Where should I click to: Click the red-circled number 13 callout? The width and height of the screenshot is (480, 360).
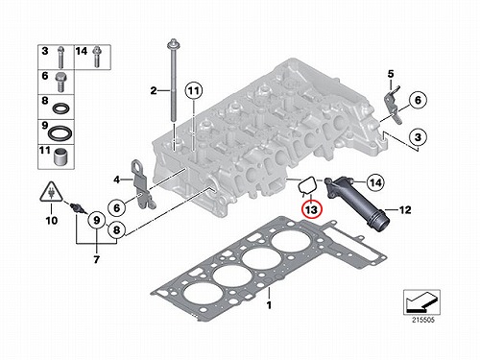pyautogui.click(x=311, y=210)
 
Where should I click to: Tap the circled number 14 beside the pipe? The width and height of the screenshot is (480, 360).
pyautogui.click(x=375, y=182)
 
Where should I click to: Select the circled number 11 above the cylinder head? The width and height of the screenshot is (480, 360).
pyautogui.click(x=194, y=91)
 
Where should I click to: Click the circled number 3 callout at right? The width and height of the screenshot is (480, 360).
pyautogui.click(x=418, y=137)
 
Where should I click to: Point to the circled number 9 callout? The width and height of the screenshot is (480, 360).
pyautogui.click(x=96, y=220)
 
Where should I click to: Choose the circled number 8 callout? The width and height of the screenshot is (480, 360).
pyautogui.click(x=116, y=229)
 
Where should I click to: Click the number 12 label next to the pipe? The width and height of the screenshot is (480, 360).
pyautogui.click(x=404, y=210)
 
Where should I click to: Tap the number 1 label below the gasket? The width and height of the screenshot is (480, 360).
pyautogui.click(x=269, y=305)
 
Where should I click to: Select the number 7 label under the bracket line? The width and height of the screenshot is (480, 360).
pyautogui.click(x=97, y=259)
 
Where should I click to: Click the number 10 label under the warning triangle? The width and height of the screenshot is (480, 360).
pyautogui.click(x=52, y=220)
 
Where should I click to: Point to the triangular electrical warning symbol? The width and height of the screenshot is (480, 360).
pyautogui.click(x=51, y=192)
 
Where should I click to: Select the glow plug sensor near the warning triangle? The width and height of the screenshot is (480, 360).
pyautogui.click(x=79, y=209)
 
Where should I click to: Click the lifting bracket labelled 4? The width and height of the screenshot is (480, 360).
pyautogui.click(x=142, y=184)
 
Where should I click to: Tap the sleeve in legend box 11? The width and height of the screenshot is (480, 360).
pyautogui.click(x=60, y=157)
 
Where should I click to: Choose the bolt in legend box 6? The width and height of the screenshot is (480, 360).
pyautogui.click(x=60, y=83)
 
